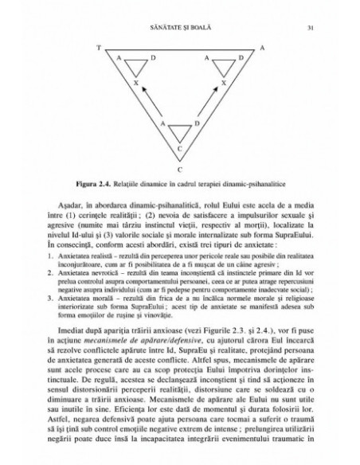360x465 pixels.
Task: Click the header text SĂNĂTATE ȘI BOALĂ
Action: [x=181, y=29]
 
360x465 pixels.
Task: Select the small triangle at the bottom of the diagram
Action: [x=180, y=132]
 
